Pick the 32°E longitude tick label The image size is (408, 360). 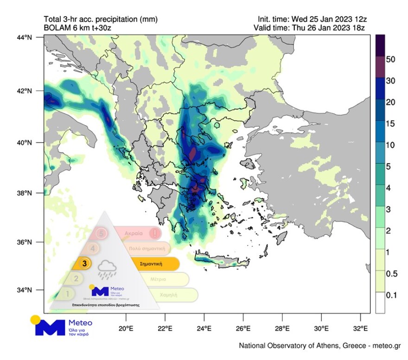point(360,329)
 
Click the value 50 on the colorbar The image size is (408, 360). point(390,59)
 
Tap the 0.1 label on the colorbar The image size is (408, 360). point(392,295)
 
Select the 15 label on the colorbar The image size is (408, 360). point(390,123)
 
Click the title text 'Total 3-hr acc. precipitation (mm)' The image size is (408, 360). point(101,19)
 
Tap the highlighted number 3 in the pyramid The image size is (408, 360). point(84,264)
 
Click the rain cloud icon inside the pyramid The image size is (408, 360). point(107,269)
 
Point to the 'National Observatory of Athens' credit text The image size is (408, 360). point(319,346)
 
